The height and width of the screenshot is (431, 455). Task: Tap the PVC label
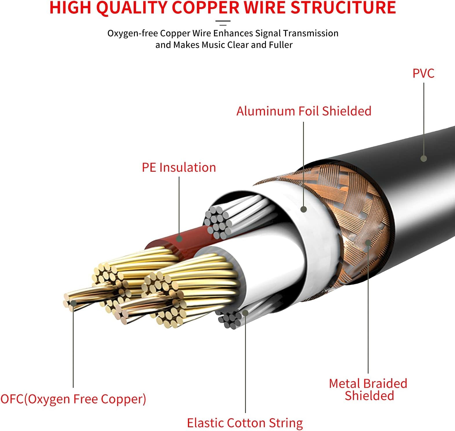(x=423, y=73)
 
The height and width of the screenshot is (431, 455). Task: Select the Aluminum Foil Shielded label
(x=304, y=111)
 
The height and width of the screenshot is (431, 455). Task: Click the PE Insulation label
(x=179, y=167)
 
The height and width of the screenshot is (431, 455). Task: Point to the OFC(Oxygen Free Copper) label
(x=73, y=399)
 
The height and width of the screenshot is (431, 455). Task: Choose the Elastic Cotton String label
(x=245, y=423)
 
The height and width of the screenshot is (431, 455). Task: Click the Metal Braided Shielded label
(x=368, y=390)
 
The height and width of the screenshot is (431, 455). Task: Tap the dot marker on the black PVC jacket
(x=424, y=158)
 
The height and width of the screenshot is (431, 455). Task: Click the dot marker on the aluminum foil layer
(x=304, y=209)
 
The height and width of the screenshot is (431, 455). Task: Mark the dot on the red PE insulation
(x=179, y=239)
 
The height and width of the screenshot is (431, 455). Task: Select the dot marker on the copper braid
(x=368, y=242)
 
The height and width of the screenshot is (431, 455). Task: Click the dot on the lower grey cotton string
(x=245, y=313)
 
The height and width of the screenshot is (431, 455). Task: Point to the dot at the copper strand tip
(x=73, y=303)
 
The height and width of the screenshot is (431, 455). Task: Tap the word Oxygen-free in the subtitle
(x=133, y=33)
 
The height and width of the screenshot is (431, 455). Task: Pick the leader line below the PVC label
(x=424, y=119)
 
